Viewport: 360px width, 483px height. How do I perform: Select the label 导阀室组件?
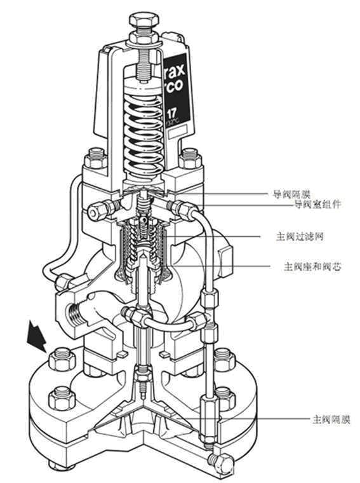pyautogui.click(x=317, y=204)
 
